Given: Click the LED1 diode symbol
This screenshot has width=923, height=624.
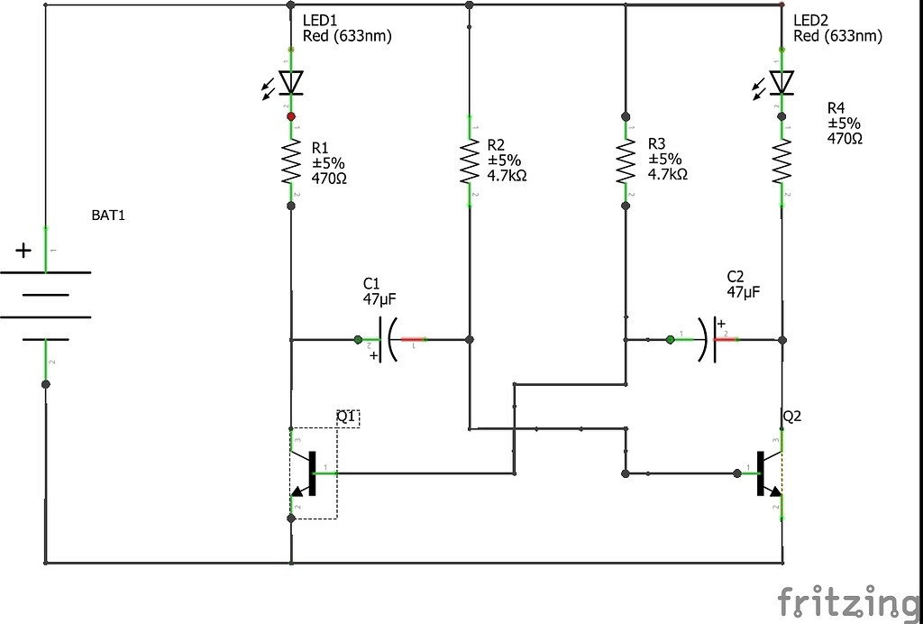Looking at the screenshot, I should coord(290,83).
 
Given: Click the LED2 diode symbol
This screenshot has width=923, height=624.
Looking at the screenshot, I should coord(781,83).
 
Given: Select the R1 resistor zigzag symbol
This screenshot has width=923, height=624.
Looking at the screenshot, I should coord(290,163).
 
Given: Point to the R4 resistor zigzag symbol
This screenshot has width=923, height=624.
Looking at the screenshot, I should coord(781,162).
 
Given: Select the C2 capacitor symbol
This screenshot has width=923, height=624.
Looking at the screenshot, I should coord(708,340).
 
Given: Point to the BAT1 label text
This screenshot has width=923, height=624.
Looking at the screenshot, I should coord(108,216).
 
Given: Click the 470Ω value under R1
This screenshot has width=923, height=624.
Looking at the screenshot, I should coord(329,179).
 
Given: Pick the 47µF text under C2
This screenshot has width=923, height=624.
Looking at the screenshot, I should coord(744,292).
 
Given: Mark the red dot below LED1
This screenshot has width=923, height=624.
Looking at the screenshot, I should coord(290,116).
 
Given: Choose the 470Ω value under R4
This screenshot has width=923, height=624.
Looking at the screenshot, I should coord(845,139).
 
